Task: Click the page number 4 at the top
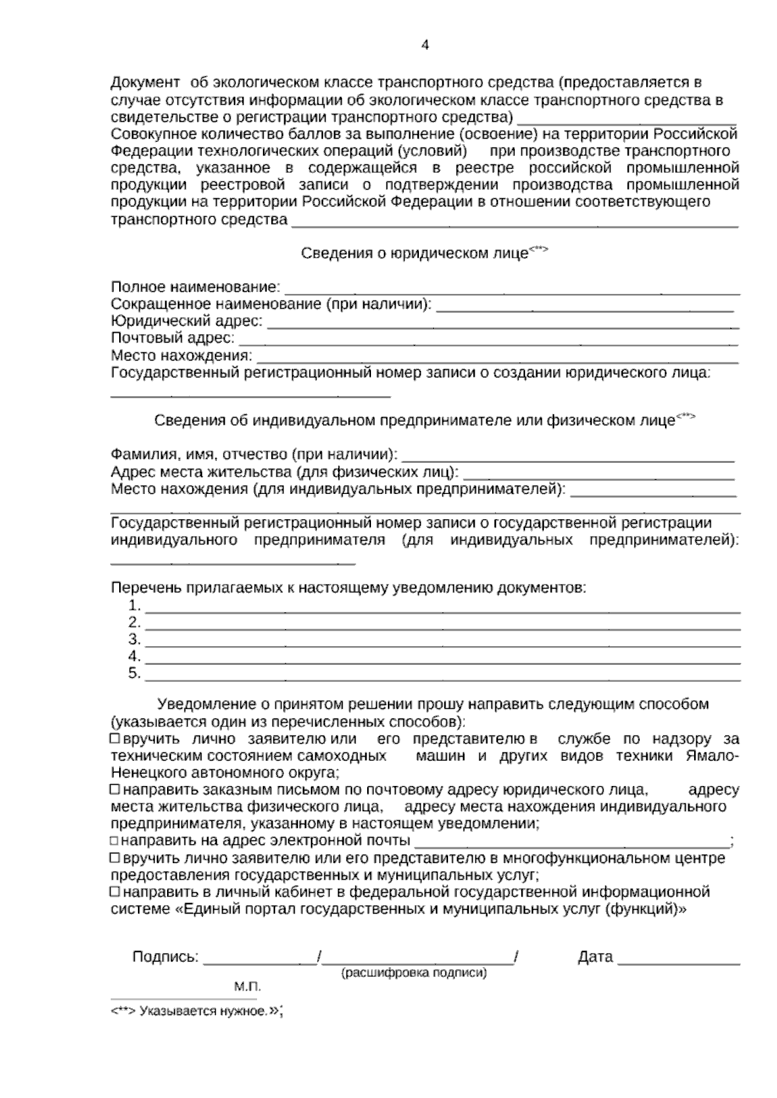[x=425, y=45]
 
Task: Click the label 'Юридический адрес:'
[x=186, y=321]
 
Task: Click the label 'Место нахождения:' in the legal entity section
[x=181, y=355]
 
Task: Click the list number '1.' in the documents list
[x=135, y=606]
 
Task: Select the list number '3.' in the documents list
[x=135, y=640]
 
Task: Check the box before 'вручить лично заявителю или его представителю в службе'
[x=115, y=739]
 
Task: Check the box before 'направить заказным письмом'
[x=115, y=790]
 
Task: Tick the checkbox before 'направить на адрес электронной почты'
[x=115, y=841]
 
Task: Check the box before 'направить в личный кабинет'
[x=115, y=892]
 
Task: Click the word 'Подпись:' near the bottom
[x=166, y=957]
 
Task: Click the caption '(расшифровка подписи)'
[x=414, y=972]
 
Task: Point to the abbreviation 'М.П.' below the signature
[x=247, y=987]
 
